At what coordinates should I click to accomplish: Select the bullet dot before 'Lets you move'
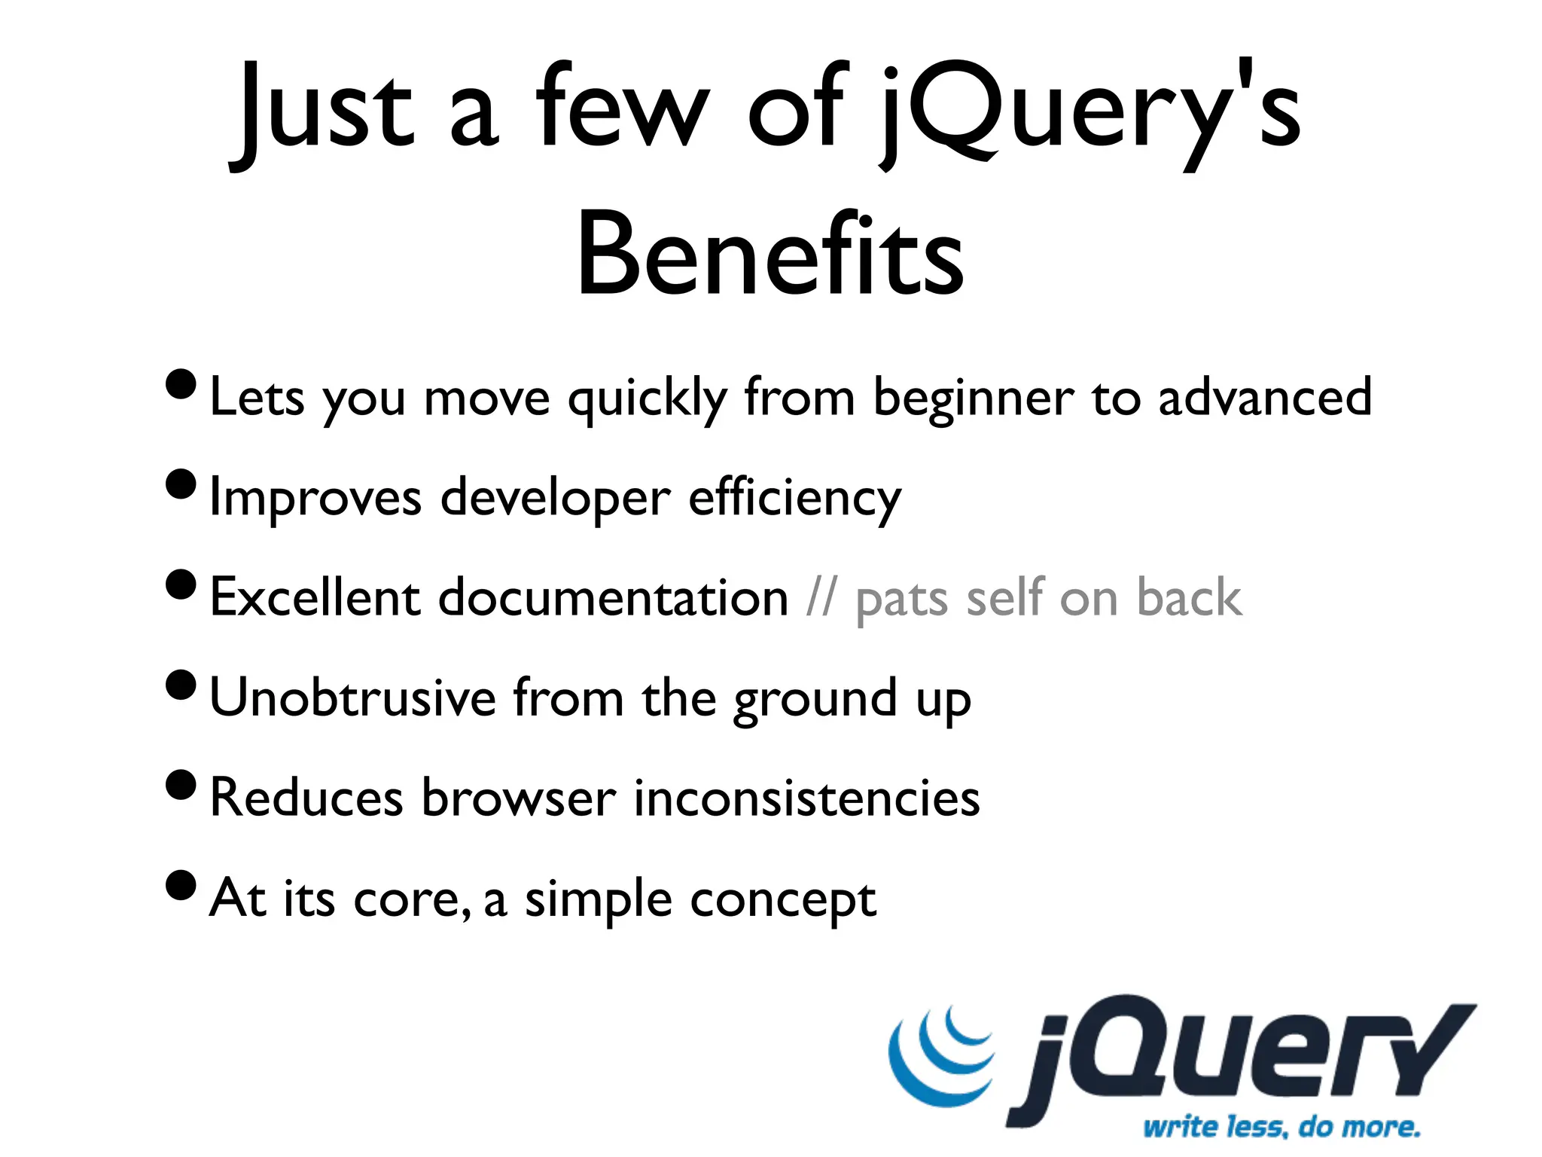[x=181, y=385]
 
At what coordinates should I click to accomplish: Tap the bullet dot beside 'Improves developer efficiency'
[x=181, y=484]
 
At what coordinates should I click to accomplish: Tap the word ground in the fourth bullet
[x=815, y=701]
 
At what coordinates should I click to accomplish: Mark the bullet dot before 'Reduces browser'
[x=181, y=785]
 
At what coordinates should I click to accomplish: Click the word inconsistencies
[x=806, y=798]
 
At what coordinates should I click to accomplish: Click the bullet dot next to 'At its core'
[x=181, y=885]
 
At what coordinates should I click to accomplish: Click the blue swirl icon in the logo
[x=941, y=1055]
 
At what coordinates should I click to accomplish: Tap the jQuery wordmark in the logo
[x=1242, y=1055]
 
